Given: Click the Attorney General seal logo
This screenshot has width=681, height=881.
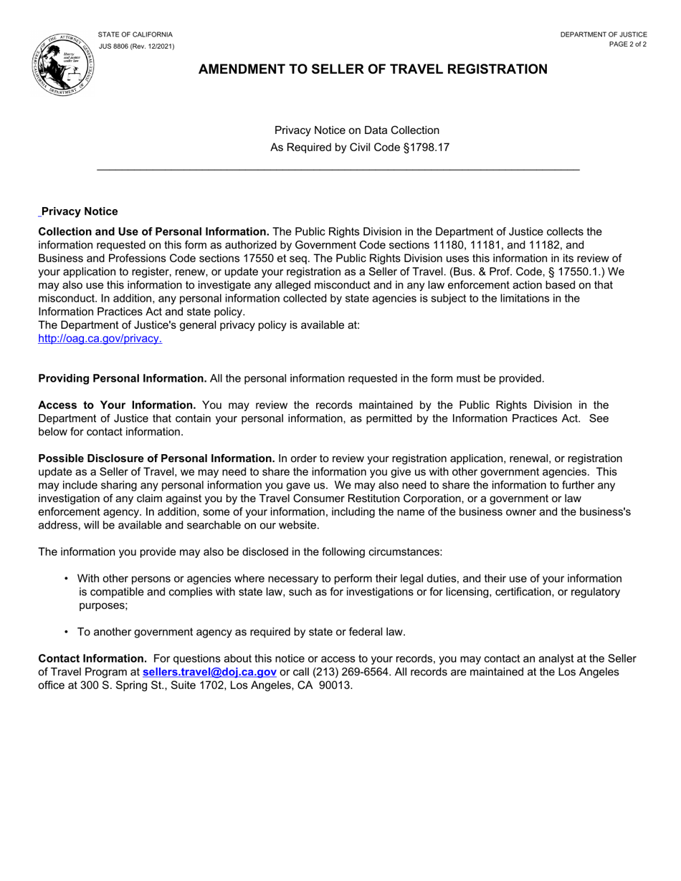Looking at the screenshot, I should tap(63, 64).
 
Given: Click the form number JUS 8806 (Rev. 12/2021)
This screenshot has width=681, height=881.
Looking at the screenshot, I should tap(136, 47).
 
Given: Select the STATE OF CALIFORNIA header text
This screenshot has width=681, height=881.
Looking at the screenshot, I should tap(135, 34).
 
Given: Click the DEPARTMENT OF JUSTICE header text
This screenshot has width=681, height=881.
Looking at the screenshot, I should tap(604, 34).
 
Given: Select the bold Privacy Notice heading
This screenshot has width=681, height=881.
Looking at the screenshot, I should tap(80, 211).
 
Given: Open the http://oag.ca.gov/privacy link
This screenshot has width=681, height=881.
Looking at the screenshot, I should tap(100, 339).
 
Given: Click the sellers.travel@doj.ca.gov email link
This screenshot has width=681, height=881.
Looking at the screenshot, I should tap(209, 672).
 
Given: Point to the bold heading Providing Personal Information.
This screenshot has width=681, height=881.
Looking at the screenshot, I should tap(123, 378).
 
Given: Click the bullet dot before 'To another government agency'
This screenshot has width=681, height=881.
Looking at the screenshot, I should tap(67, 632).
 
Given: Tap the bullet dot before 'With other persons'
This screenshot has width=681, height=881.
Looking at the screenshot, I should tap(67, 578).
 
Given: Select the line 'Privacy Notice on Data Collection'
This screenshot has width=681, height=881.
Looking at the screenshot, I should tap(356, 130).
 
